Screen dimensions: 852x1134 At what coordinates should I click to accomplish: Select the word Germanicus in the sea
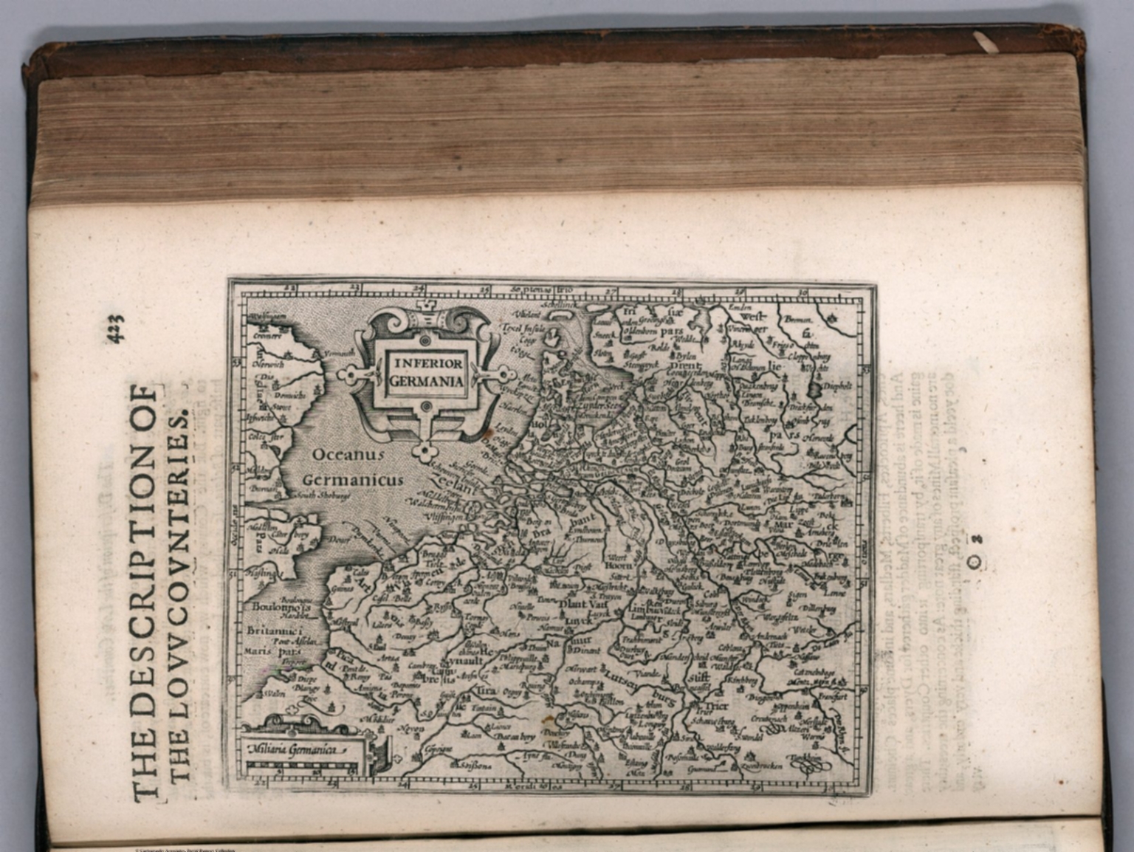(353, 480)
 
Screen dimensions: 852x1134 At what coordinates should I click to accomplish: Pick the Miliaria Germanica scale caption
(295, 749)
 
